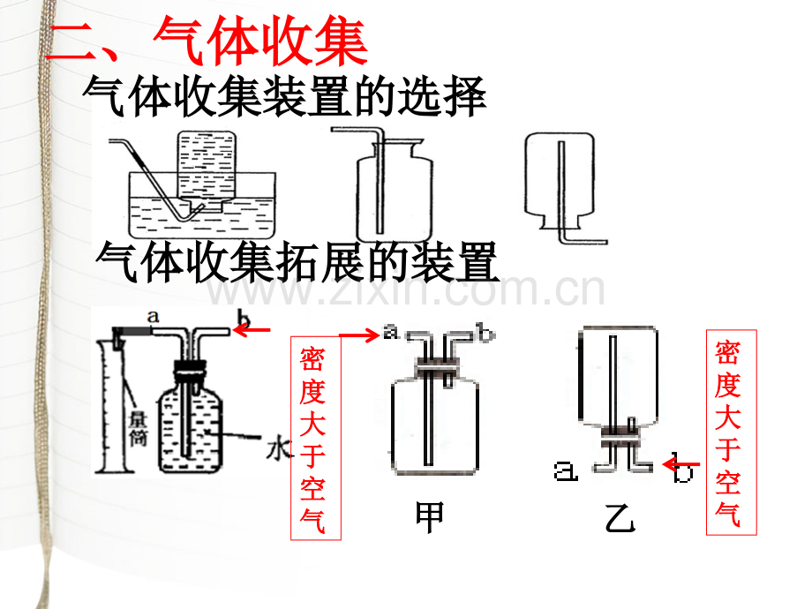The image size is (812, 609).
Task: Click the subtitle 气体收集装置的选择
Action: (284, 97)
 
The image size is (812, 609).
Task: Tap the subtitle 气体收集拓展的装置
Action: (297, 261)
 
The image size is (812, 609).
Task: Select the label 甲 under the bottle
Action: (430, 517)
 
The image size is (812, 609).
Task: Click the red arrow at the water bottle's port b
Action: (257, 330)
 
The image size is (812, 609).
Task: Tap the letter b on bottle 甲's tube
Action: (483, 332)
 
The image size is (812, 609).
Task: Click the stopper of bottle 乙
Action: (622, 432)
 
